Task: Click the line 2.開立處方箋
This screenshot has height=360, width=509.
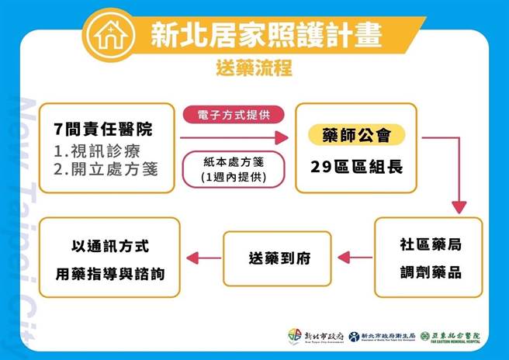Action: pos(106,168)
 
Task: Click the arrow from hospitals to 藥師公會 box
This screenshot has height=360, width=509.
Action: pos(233,140)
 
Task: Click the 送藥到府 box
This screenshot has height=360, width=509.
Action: pos(276,258)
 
